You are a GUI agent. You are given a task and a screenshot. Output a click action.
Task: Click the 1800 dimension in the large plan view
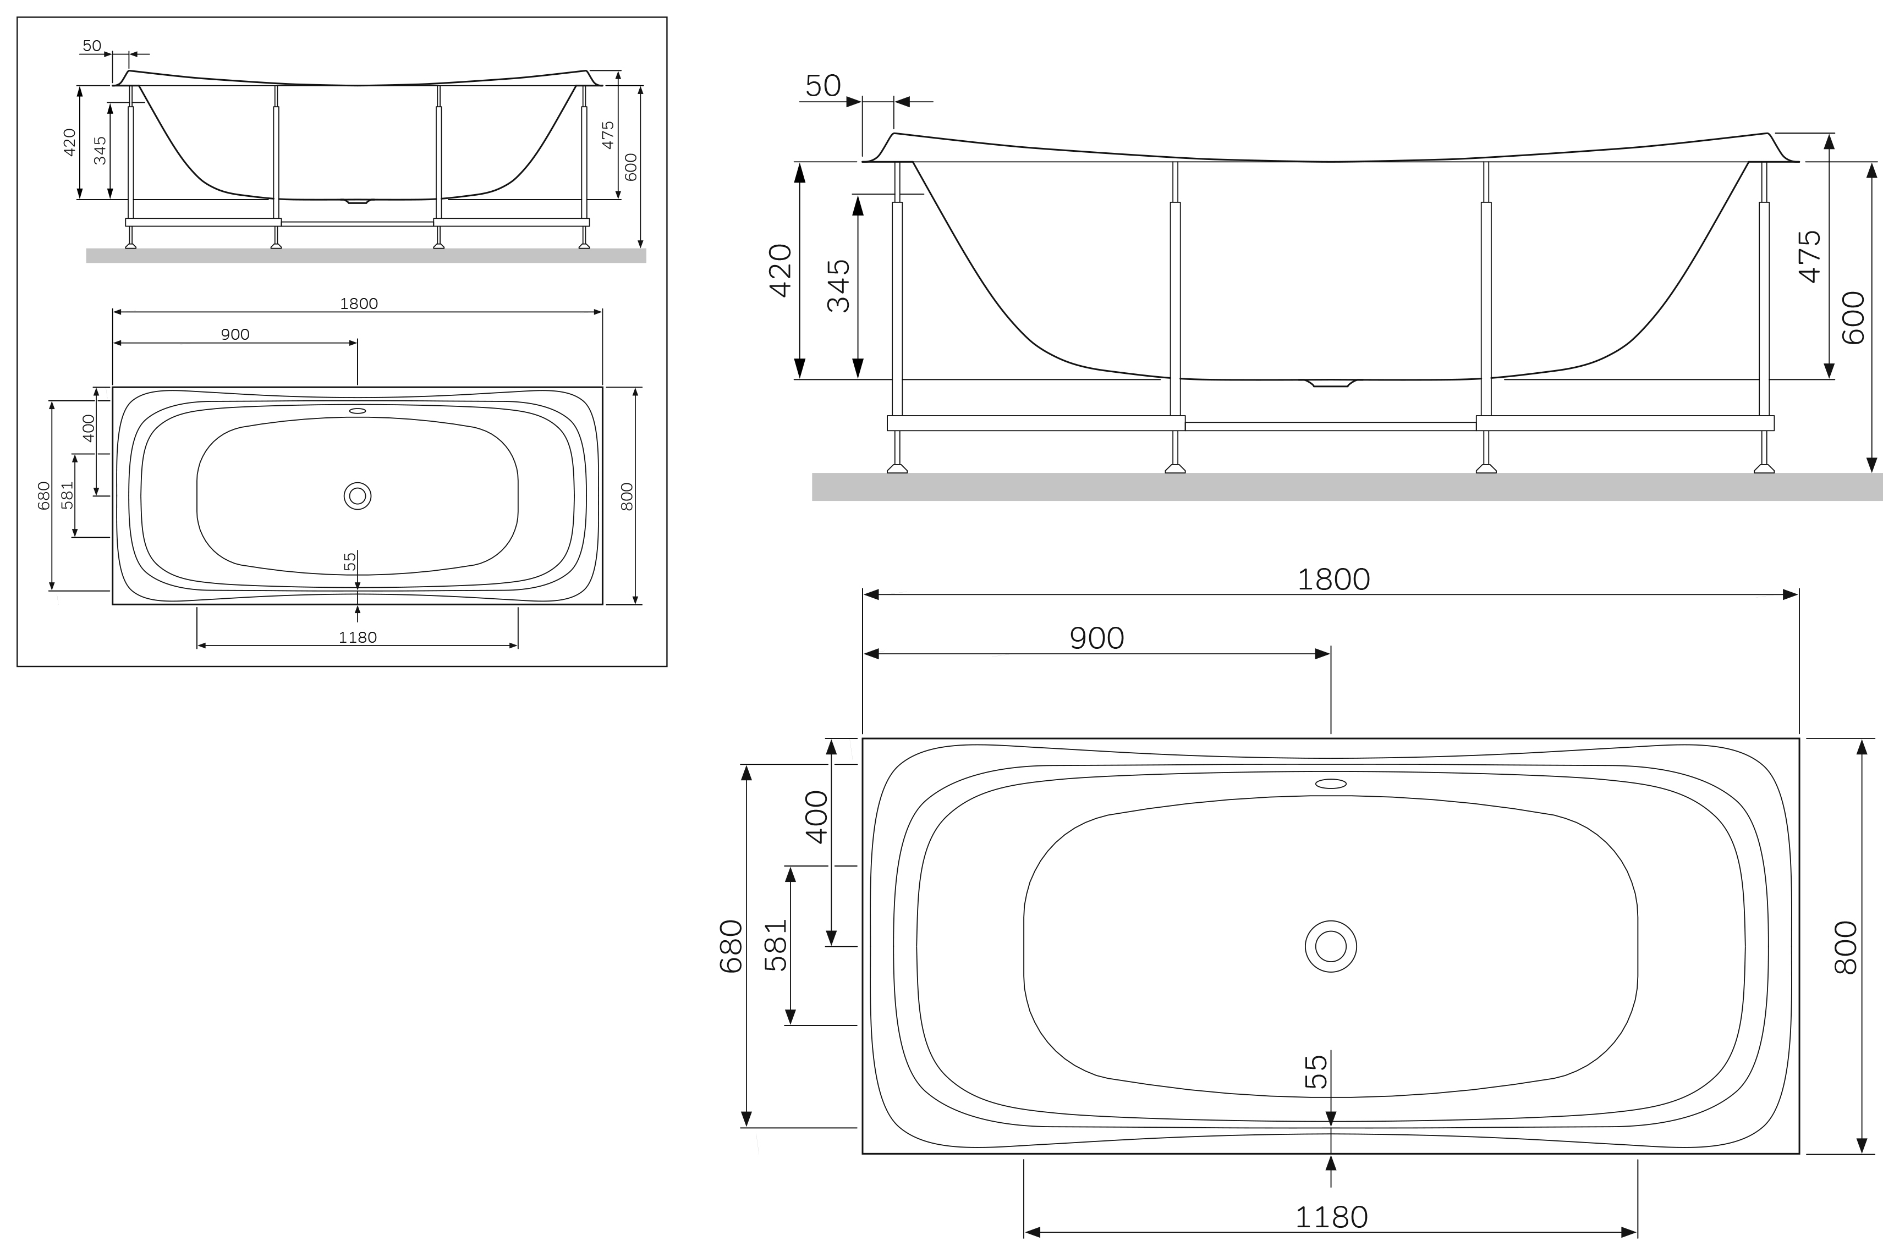[1333, 580]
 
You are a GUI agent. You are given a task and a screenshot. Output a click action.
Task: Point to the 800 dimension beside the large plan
[1845, 947]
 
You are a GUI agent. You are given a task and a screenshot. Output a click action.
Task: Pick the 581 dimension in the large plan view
[776, 945]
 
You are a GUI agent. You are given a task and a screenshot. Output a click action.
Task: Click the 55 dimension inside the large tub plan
[1315, 1072]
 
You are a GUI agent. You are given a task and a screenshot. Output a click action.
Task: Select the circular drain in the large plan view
[1330, 946]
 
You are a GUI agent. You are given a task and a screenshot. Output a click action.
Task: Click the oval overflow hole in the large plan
[1330, 784]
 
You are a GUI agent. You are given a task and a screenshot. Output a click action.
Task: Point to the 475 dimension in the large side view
[1810, 256]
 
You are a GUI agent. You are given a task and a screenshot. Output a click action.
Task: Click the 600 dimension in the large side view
[1853, 317]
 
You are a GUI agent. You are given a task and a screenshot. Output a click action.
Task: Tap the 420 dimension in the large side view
[781, 271]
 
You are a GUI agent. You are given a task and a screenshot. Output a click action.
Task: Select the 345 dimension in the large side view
[838, 286]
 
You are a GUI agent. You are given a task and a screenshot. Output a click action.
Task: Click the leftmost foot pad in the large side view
[897, 468]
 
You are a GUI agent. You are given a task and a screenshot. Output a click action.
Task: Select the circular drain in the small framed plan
[357, 497]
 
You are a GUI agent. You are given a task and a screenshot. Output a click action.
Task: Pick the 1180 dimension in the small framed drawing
[357, 637]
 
